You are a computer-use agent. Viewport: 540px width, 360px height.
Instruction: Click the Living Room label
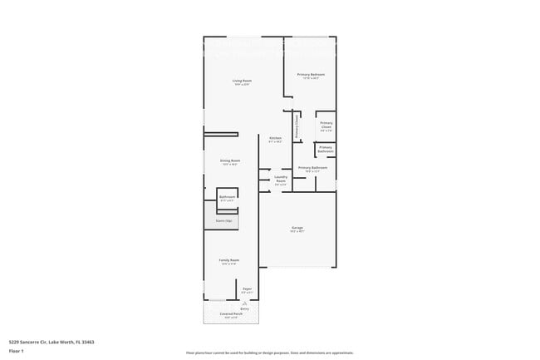(242, 81)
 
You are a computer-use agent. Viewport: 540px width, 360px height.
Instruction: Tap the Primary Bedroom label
(311, 75)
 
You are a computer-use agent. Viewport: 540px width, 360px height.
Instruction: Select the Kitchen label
(275, 138)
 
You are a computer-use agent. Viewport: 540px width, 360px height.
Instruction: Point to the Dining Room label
(230, 160)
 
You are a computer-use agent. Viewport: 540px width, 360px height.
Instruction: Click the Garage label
(297, 228)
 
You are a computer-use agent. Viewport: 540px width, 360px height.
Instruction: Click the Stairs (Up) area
(223, 221)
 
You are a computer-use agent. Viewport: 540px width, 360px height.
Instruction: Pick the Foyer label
(247, 288)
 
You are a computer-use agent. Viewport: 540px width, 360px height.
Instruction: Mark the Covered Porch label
(231, 315)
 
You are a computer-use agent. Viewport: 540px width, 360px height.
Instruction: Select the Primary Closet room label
(326, 126)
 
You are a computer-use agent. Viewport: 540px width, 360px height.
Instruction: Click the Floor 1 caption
(16, 351)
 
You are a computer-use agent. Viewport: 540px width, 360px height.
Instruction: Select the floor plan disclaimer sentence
(269, 353)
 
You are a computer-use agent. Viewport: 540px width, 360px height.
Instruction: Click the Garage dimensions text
(297, 232)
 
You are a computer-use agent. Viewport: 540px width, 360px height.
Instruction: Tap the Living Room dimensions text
(242, 85)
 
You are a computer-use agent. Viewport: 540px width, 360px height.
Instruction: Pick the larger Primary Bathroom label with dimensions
(312, 169)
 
